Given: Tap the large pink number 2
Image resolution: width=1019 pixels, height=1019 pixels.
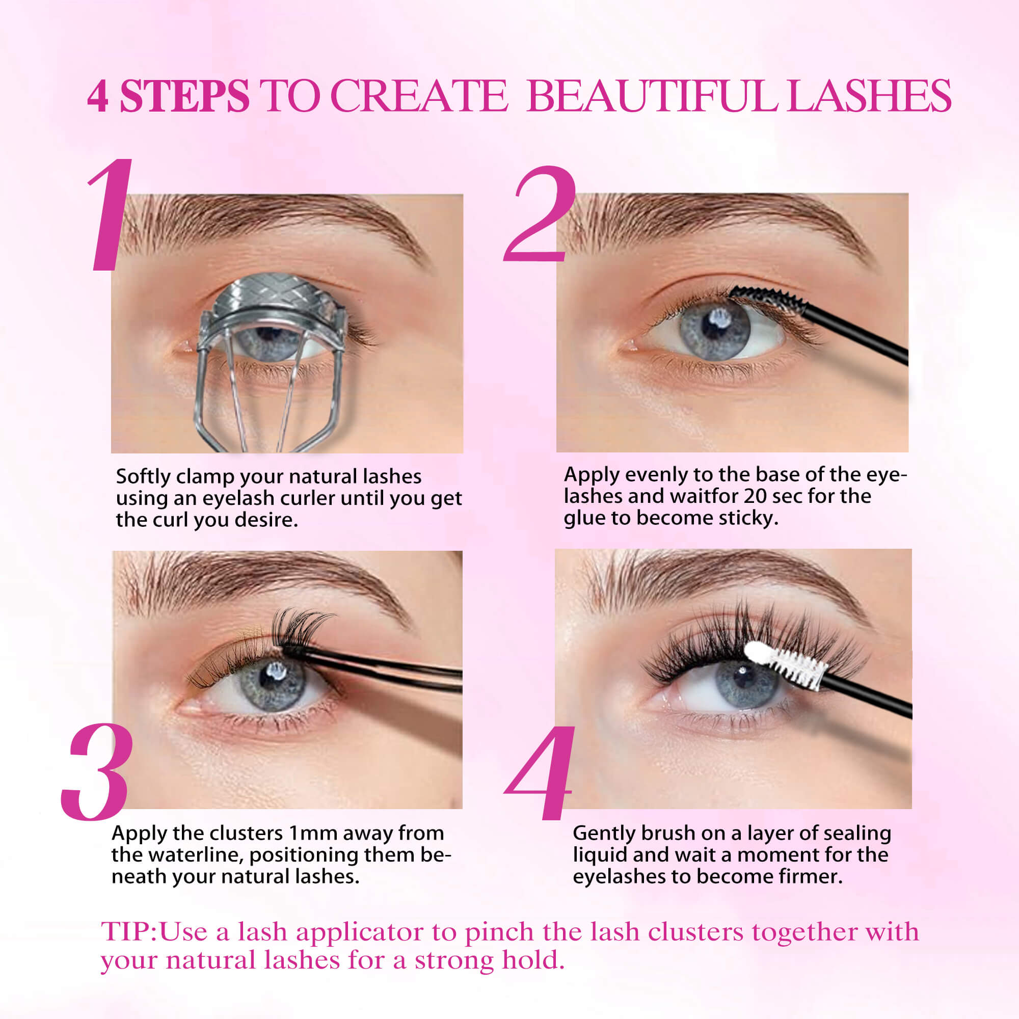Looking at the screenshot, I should tap(541, 216).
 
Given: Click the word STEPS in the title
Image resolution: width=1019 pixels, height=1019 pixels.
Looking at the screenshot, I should tap(184, 96).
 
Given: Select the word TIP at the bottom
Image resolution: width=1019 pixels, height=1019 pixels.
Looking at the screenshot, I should tap(126, 932).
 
